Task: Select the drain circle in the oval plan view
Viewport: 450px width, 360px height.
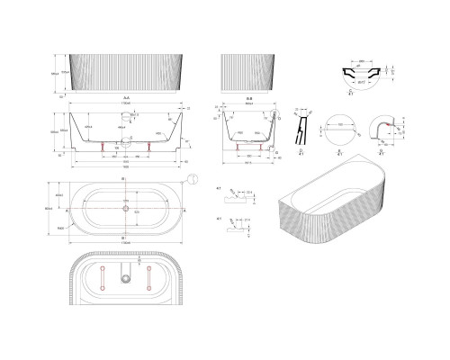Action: [x=125, y=206]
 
